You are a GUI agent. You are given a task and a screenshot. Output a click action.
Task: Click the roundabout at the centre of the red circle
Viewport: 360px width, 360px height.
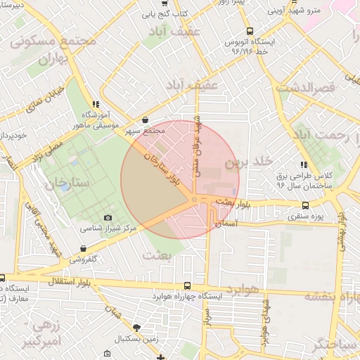[x=194, y=200]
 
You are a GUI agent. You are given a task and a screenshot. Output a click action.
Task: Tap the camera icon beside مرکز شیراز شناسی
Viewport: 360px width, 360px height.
[x=108, y=219]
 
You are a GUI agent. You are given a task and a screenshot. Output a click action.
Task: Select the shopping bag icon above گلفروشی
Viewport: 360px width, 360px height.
[x=84, y=249]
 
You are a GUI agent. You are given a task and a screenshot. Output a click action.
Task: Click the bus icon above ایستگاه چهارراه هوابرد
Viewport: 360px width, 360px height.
[x=186, y=286]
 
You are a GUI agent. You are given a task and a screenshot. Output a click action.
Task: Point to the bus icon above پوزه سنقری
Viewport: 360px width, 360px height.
[x=304, y=205]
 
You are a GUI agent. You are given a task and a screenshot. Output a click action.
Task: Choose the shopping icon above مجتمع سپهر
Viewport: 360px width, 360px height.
[x=145, y=120]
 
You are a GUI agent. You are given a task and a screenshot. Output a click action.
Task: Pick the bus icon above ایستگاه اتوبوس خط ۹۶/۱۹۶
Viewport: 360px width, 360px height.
[x=250, y=31]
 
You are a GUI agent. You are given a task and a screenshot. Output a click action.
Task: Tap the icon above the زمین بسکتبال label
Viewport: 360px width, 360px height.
[x=136, y=328]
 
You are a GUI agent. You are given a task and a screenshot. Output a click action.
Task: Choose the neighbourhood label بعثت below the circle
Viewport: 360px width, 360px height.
[x=157, y=255]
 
